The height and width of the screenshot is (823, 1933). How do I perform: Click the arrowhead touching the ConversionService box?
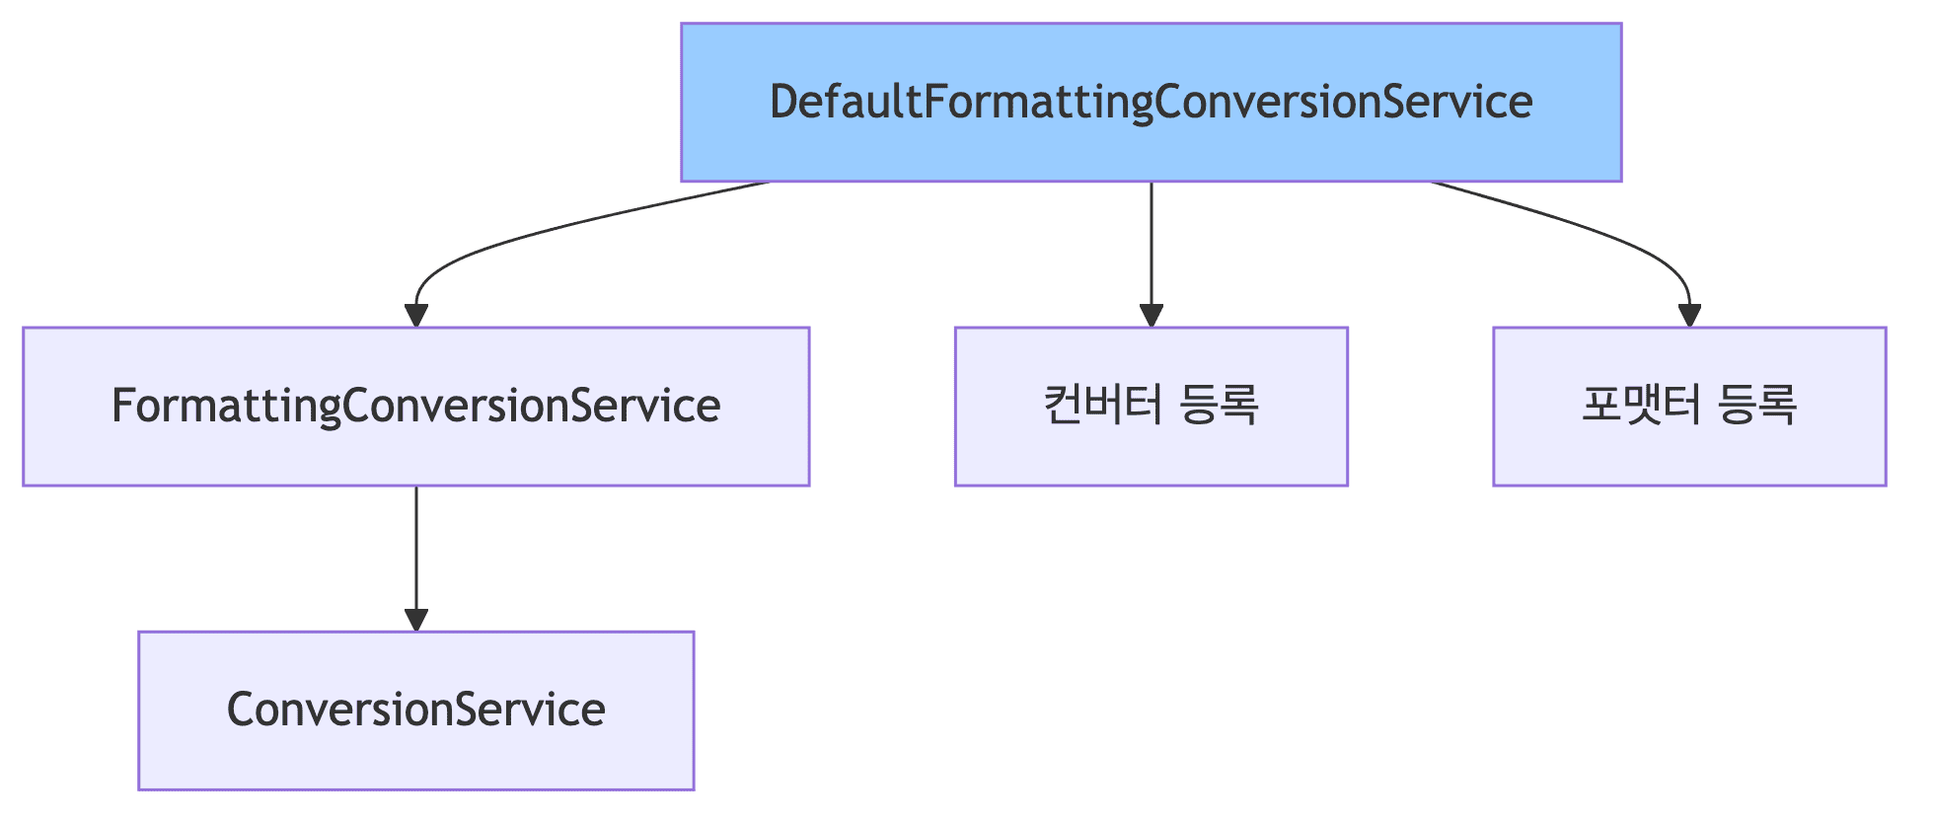click(416, 619)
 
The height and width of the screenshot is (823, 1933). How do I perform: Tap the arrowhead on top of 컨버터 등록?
click(1151, 315)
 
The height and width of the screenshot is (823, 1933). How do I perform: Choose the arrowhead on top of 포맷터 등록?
click(1689, 315)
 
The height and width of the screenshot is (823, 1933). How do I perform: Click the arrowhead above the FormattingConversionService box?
click(416, 315)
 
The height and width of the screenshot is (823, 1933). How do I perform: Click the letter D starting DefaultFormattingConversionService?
click(783, 103)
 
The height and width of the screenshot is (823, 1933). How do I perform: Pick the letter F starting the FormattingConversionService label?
click(122, 407)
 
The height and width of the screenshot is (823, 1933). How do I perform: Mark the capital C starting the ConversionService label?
click(240, 711)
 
